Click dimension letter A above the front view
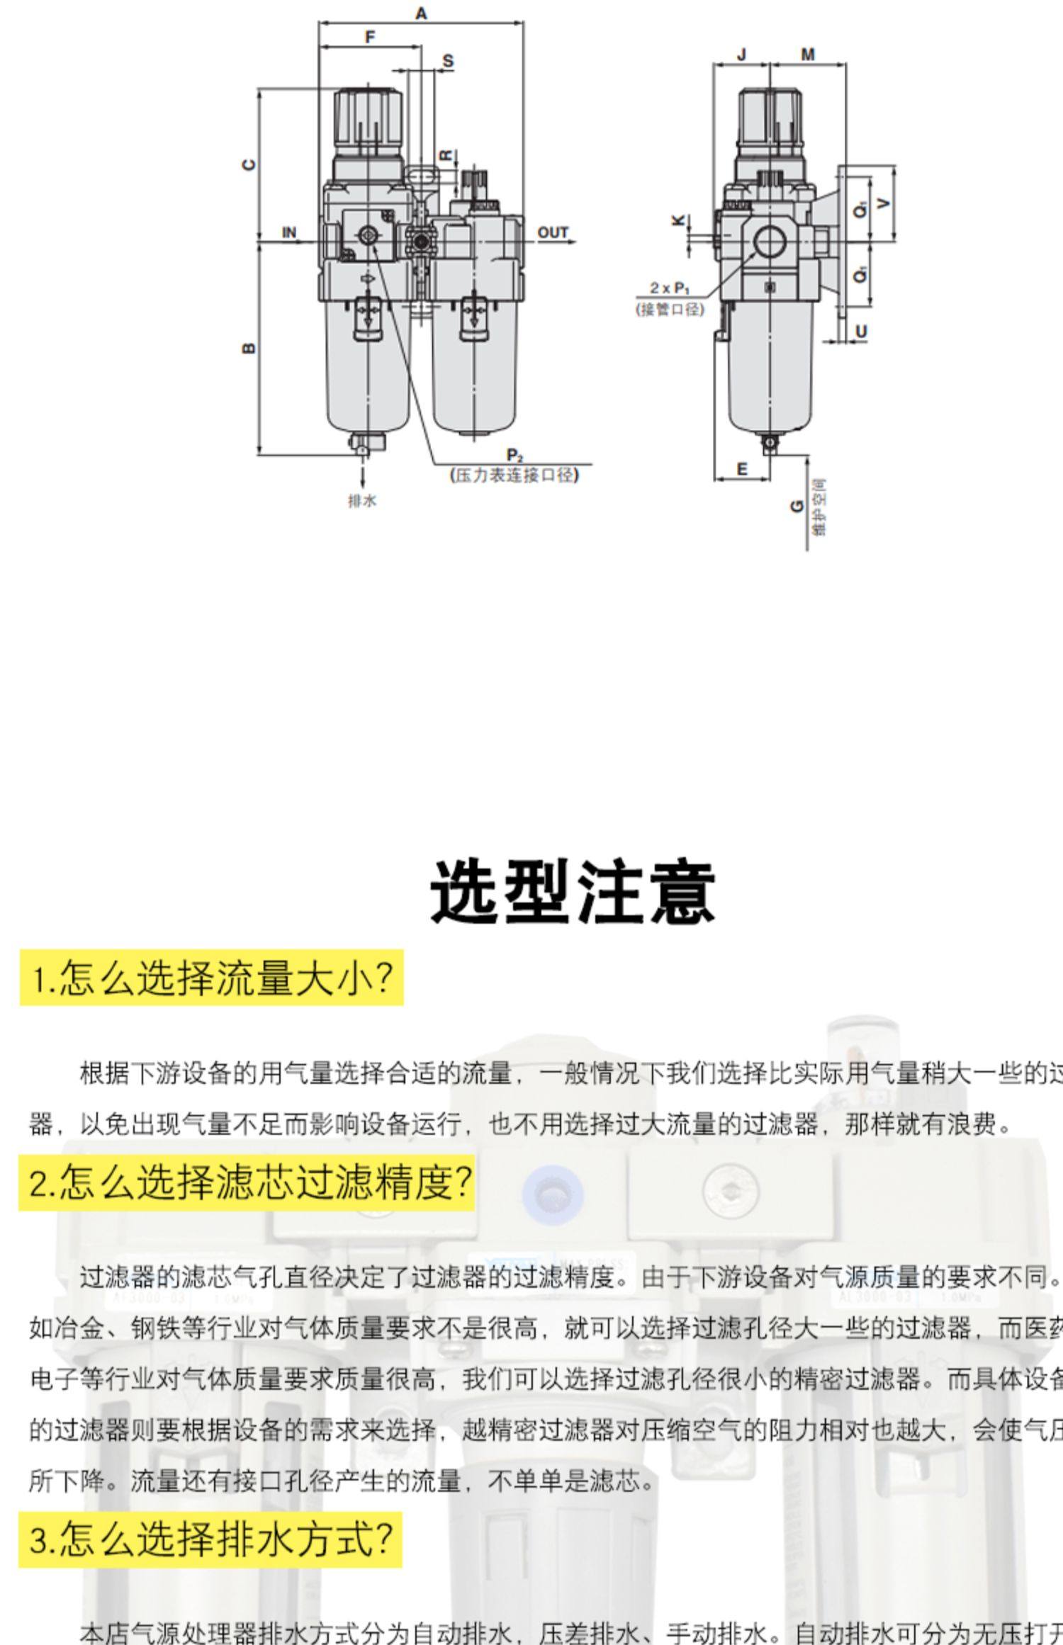[421, 13]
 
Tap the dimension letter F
[370, 37]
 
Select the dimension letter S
[448, 61]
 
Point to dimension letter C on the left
[249, 164]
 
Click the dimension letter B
[249, 348]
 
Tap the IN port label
[289, 232]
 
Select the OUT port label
[552, 232]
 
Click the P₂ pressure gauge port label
[514, 455]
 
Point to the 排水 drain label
[362, 501]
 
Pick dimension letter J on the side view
[741, 55]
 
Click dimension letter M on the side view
[808, 55]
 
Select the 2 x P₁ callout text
[670, 288]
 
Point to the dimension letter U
[861, 331]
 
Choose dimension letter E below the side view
[742, 468]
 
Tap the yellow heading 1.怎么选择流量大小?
[211, 978]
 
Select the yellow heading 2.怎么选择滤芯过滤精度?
[247, 1182]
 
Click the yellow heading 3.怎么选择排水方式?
[210, 1539]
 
